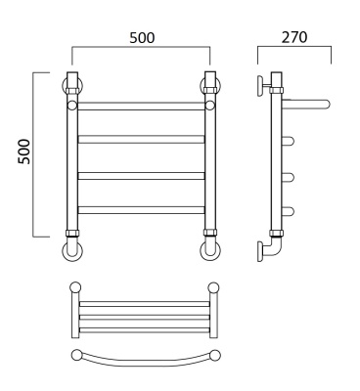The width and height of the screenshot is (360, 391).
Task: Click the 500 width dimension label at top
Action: (x=142, y=38)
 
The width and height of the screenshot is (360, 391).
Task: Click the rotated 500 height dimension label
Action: (x=24, y=152)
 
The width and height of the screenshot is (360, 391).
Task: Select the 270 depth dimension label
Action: (x=294, y=37)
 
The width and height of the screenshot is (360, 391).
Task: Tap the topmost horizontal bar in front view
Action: (x=141, y=106)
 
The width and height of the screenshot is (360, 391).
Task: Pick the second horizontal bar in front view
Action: (x=141, y=139)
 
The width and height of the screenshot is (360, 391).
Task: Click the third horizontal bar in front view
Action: (x=141, y=176)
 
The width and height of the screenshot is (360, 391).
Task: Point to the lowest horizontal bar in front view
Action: (x=141, y=209)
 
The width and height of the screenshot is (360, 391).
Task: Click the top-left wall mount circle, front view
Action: (x=64, y=86)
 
